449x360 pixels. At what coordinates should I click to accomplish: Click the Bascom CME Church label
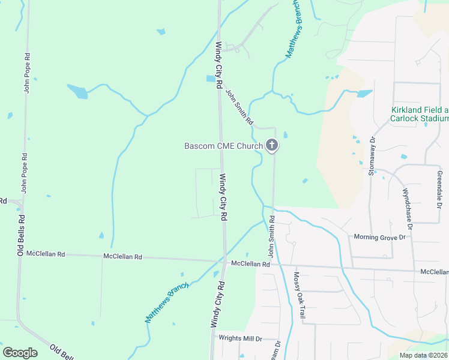click(x=223, y=146)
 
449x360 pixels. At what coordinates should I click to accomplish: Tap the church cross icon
click(x=272, y=145)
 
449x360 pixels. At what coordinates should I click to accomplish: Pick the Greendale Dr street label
click(x=439, y=190)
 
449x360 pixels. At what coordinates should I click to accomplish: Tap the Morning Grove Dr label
click(x=380, y=237)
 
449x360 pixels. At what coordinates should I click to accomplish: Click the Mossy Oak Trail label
click(x=299, y=290)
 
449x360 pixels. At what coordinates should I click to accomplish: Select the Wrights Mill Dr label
click(x=241, y=338)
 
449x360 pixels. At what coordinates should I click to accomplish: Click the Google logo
click(x=20, y=353)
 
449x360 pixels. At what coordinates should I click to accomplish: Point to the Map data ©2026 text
click(x=423, y=355)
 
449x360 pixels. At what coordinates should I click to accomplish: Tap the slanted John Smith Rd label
click(x=239, y=106)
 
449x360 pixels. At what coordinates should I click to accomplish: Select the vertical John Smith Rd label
click(x=271, y=236)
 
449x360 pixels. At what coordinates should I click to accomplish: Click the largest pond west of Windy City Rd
click(x=77, y=91)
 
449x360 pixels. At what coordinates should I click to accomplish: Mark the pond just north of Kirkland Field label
click(x=364, y=94)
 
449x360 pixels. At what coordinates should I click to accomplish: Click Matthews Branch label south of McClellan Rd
click(x=166, y=302)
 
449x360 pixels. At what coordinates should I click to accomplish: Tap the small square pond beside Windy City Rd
click(x=211, y=79)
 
